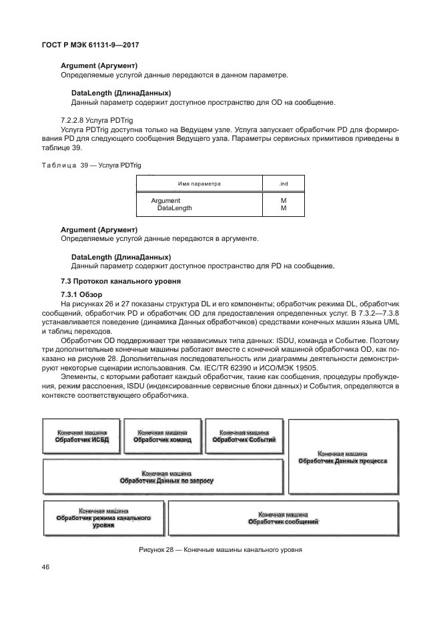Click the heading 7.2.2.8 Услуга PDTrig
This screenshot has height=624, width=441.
click(91, 119)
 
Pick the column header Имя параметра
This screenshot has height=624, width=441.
click(199, 182)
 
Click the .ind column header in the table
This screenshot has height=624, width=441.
click(284, 182)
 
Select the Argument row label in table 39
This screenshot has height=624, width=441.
click(165, 200)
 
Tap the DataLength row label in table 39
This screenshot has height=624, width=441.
click(175, 208)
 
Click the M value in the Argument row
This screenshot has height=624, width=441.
click(284, 200)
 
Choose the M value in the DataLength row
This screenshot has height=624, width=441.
click(284, 208)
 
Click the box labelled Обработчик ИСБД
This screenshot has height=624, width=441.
click(81, 437)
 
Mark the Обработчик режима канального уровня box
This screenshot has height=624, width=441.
click(103, 518)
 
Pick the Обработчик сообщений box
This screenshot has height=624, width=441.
click(282, 518)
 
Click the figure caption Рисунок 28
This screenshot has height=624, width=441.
click(220, 551)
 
